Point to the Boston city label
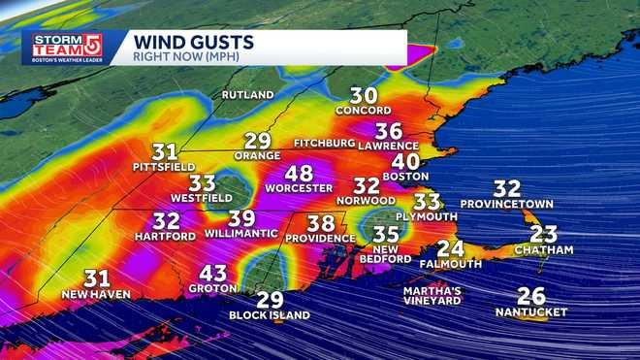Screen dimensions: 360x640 pos(405,177)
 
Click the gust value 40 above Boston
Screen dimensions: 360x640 pos(405,161)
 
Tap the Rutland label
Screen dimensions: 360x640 pos(248,95)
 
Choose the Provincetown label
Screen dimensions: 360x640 pos(506,204)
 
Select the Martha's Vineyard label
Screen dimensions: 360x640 pos(432,295)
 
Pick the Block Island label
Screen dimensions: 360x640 pos(270,315)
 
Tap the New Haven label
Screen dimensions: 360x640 pos(96,294)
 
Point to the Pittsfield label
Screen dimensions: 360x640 pos(164,167)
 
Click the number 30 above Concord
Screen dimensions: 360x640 pos(364,95)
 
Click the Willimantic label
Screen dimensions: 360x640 pos(241,234)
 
